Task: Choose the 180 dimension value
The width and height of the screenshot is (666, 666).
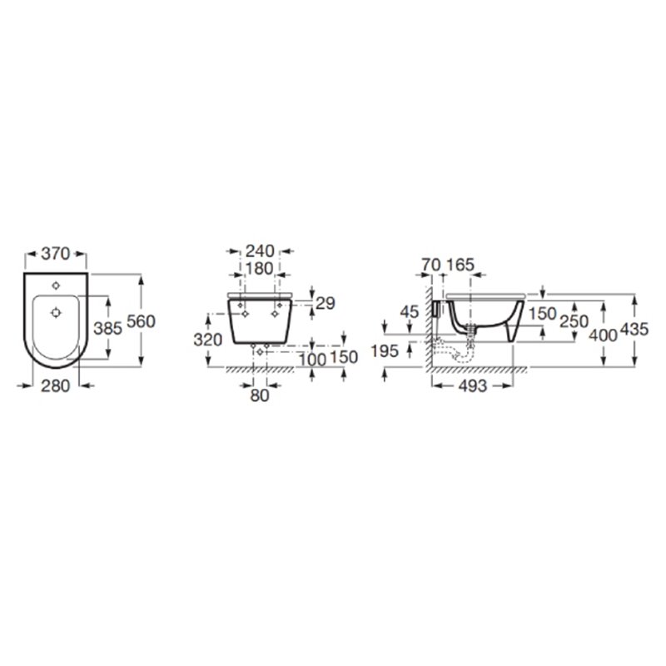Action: click(x=260, y=268)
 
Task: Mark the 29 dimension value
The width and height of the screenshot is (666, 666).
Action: click(x=326, y=303)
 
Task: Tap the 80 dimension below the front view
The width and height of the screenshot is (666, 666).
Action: click(x=260, y=396)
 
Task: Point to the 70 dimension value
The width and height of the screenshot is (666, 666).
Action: click(x=430, y=265)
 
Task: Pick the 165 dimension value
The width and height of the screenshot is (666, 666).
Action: click(x=459, y=265)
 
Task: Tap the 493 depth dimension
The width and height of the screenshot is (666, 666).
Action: click(x=470, y=385)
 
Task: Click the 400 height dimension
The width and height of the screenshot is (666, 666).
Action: click(x=604, y=335)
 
